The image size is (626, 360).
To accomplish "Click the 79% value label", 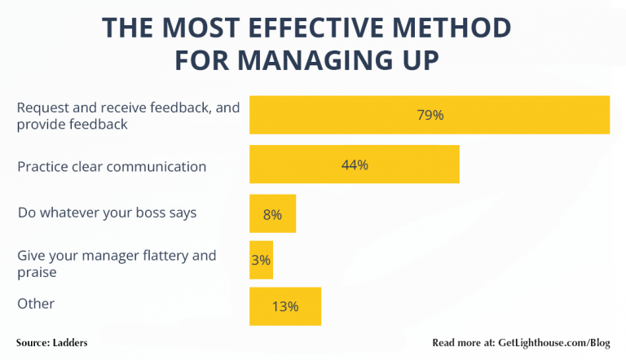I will point(430,115).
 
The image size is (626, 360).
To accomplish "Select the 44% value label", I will point(355,165).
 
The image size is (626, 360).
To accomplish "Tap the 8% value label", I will point(272,215).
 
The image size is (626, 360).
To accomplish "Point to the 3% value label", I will point(261,261).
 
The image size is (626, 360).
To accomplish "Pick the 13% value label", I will point(285,306).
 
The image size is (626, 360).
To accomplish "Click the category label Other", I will point(36,304).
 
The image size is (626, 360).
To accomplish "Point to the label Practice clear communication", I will point(112,167).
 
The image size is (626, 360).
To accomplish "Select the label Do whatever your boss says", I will point(107,213).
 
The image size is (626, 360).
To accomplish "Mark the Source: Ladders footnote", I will point(51,343).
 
